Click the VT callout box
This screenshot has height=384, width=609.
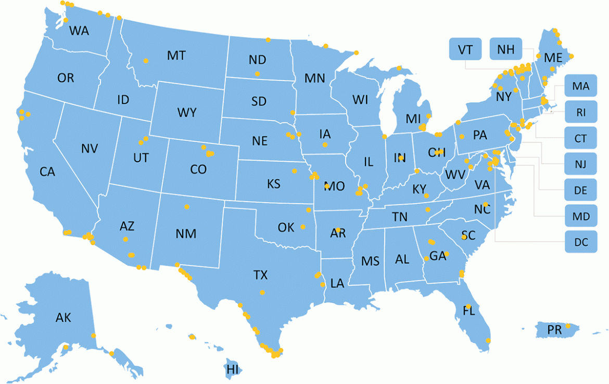click(x=465, y=49)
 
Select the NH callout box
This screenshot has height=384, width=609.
click(x=505, y=49)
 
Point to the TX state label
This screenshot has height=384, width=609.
click(x=260, y=275)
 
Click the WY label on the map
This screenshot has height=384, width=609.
click(x=186, y=112)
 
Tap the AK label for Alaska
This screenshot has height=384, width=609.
click(x=64, y=318)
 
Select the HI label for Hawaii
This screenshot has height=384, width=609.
click(x=233, y=369)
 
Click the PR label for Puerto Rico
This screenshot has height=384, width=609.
click(x=554, y=329)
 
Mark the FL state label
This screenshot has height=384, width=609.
click(x=469, y=312)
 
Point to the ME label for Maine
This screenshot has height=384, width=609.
click(x=553, y=58)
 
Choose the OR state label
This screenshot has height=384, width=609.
click(x=66, y=78)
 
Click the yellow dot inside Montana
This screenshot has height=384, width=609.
click(x=146, y=60)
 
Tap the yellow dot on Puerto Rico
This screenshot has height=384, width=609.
click(x=568, y=326)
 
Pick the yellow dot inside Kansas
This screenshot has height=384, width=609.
click(x=294, y=171)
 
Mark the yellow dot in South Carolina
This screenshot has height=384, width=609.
click(x=464, y=237)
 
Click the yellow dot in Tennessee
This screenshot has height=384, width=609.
click(x=428, y=209)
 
